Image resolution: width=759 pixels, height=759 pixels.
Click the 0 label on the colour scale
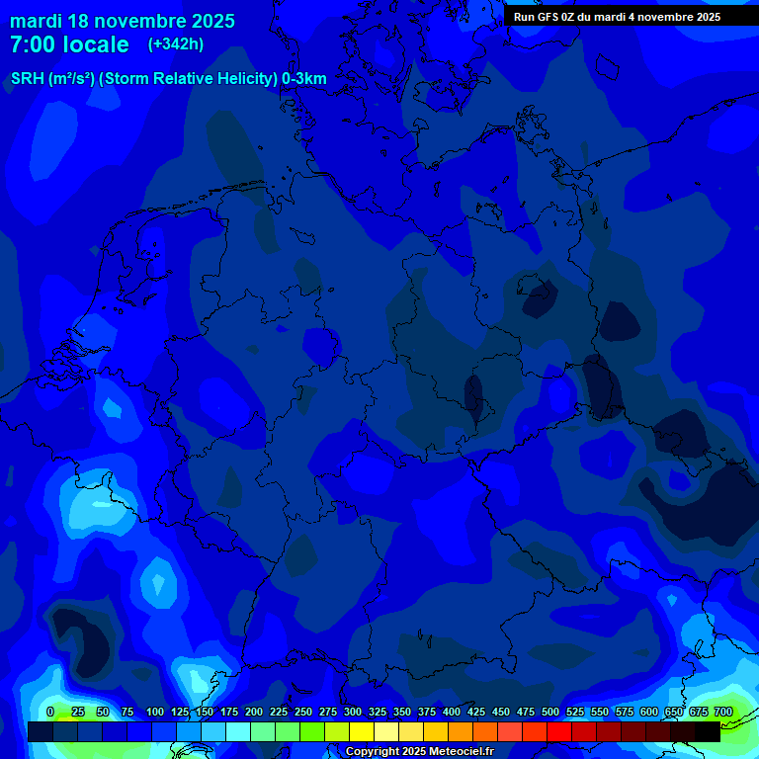point(50,712)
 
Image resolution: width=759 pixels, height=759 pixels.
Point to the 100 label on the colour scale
point(155,712)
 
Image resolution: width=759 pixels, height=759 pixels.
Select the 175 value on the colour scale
point(229,712)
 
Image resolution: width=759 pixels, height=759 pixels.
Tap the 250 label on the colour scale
point(303,712)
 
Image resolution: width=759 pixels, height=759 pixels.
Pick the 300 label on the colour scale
point(353,712)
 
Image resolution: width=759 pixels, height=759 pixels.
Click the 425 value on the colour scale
point(476,712)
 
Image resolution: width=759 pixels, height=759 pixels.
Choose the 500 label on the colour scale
point(550,712)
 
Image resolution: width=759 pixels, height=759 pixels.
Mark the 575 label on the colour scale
point(625,712)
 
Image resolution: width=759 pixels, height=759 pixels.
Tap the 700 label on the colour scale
point(723,712)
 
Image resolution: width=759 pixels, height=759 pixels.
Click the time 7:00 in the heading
point(33,44)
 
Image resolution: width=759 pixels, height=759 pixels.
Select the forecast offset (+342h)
point(176,44)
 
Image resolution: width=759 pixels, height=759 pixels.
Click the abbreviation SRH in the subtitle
point(27,79)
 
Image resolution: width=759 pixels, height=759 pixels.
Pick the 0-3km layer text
point(304,79)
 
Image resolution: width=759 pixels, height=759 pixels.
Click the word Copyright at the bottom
point(376,752)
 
